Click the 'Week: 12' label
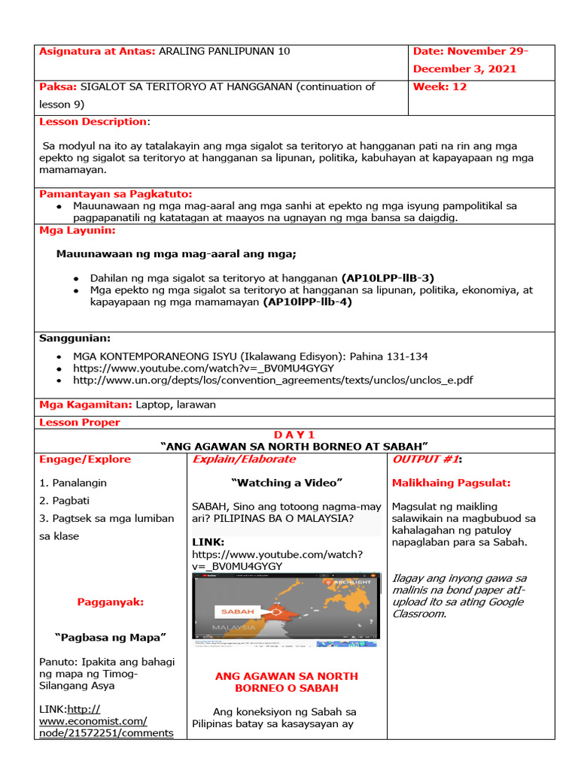pyautogui.click(x=440, y=86)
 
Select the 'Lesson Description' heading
pyautogui.click(x=93, y=122)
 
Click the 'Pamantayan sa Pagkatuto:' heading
pyautogui.click(x=116, y=194)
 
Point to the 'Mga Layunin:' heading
pyautogui.click(x=78, y=230)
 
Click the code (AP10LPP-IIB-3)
pyautogui.click(x=388, y=277)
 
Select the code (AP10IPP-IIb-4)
pyautogui.click(x=307, y=302)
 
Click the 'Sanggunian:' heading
pyautogui.click(x=75, y=338)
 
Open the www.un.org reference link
pyautogui.click(x=272, y=380)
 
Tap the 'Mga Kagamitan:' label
pyautogui.click(x=86, y=405)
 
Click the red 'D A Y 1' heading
pyautogui.click(x=294, y=435)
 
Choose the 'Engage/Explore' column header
pyautogui.click(x=85, y=459)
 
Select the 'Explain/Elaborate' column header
pyautogui.click(x=245, y=459)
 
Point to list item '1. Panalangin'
pyautogui.click(x=73, y=483)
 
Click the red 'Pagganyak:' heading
pyautogui.click(x=110, y=602)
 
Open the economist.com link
pyautogui.click(x=107, y=721)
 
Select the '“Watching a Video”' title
pyautogui.click(x=287, y=483)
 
